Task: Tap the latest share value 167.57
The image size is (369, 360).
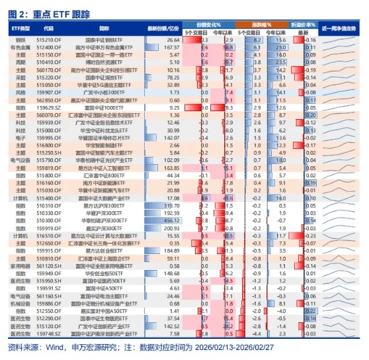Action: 170,48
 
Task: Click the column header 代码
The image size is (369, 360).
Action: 48,29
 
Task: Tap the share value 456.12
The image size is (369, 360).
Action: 170,220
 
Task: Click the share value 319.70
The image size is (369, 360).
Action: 170,204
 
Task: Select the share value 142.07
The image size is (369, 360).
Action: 170,137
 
